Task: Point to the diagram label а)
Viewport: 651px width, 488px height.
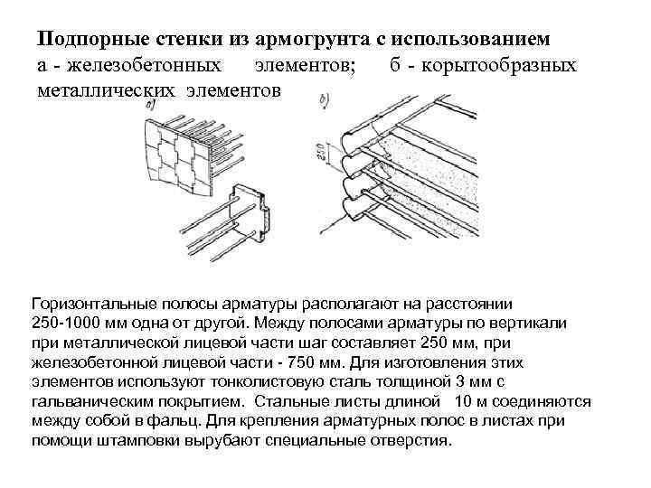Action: point(150,105)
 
